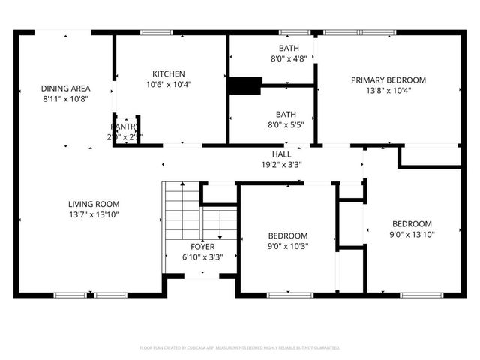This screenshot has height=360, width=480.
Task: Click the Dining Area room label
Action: tap(65, 88)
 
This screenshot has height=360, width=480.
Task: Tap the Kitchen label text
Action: tap(168, 73)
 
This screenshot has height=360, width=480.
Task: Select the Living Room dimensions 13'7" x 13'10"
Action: tap(94, 214)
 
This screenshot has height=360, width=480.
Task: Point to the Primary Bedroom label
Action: tap(388, 79)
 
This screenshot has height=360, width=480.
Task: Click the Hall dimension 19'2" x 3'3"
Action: tap(281, 164)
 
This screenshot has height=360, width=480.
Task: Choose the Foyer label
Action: tap(202, 247)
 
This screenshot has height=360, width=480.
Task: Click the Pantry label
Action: tap(124, 127)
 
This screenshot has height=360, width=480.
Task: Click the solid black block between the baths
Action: tap(242, 85)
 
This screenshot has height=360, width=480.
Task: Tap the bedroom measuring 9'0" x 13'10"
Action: tap(412, 229)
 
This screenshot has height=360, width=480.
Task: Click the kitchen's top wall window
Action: tap(157, 32)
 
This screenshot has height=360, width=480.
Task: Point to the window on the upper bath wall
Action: tap(289, 32)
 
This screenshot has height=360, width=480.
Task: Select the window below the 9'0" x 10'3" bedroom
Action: tap(289, 295)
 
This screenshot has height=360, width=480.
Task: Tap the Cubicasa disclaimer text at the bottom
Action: tap(240, 348)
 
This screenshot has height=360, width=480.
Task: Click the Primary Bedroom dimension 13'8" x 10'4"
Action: tap(388, 91)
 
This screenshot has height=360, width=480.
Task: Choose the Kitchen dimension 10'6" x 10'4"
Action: tap(168, 85)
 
